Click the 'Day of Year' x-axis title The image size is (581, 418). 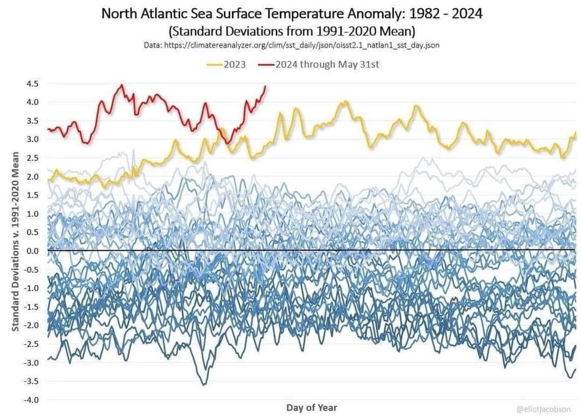[311, 408]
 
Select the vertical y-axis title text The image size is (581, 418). [16, 242]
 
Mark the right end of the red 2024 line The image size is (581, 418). [266, 87]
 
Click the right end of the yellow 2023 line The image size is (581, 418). [575, 134]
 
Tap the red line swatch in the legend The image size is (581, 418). [267, 65]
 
